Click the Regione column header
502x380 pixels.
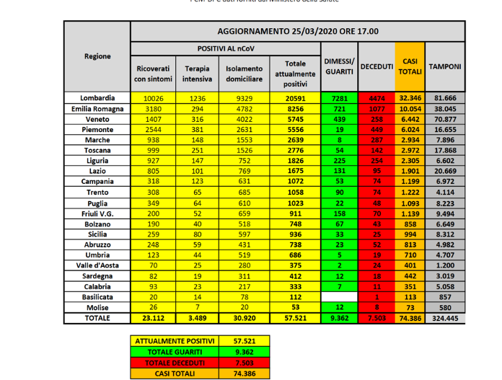point(97,56)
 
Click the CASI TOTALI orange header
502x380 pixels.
point(410,66)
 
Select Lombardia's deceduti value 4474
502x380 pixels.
point(376,98)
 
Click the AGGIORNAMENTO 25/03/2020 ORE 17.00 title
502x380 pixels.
point(297,32)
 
